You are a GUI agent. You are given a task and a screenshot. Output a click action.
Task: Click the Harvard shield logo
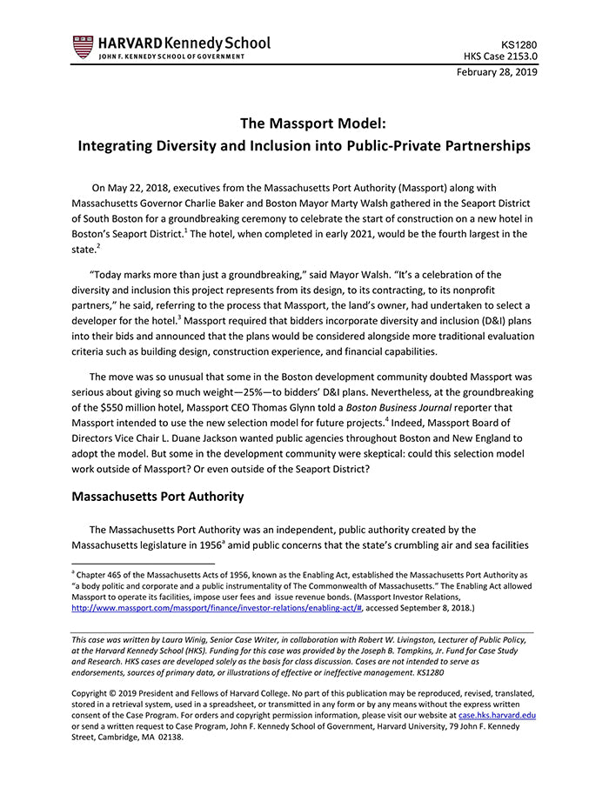[x=83, y=47]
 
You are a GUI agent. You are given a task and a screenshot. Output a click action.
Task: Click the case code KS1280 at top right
[x=519, y=43]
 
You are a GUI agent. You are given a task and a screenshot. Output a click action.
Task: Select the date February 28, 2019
[x=497, y=72]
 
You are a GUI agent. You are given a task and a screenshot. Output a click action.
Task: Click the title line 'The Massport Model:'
[x=304, y=123]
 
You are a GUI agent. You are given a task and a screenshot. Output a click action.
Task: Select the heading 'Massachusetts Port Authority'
[x=157, y=497]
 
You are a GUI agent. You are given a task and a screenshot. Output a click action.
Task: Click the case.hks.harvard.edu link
[x=497, y=715]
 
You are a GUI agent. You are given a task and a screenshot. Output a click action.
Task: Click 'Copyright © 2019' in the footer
[x=108, y=694]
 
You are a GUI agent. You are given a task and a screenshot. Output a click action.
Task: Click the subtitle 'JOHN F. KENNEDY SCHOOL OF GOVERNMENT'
[x=171, y=57]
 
